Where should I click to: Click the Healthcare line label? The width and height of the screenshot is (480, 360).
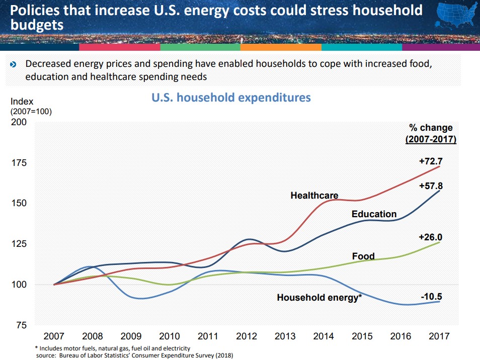(x=314, y=195)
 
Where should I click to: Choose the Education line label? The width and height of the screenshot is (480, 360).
(x=374, y=214)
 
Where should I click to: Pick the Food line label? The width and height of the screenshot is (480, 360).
(x=363, y=256)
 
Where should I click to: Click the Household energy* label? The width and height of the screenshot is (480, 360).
(x=319, y=298)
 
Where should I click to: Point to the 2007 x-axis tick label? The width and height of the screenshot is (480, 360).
(x=54, y=336)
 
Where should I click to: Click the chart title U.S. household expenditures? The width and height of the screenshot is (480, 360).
(x=231, y=97)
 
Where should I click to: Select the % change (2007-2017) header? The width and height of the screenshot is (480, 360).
(x=430, y=133)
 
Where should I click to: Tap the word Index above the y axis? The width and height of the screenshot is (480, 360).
(x=22, y=102)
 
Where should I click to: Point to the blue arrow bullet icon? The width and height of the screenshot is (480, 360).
(x=14, y=64)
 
